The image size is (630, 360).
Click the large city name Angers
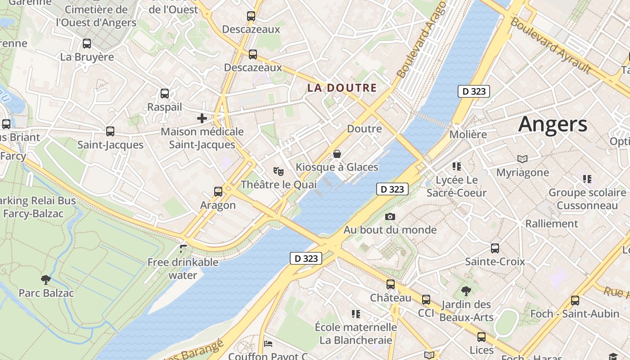pyautogui.click(x=553, y=124)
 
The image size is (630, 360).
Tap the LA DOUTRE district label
pyautogui.click(x=342, y=88)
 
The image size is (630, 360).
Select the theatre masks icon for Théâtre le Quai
pyautogui.click(x=279, y=171)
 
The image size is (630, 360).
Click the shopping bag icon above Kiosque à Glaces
pyautogui.click(x=337, y=154)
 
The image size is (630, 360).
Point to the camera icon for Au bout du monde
pyautogui.click(x=390, y=217)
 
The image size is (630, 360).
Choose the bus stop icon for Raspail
pyautogui.click(x=165, y=94)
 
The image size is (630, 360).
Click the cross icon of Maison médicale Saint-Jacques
pyautogui.click(x=202, y=118)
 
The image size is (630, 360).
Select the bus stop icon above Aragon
pyautogui.click(x=218, y=192)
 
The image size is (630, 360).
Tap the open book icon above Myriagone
pyautogui.click(x=522, y=159)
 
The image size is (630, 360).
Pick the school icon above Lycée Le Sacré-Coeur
pyautogui.click(x=457, y=166)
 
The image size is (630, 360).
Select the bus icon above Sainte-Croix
pyautogui.click(x=495, y=248)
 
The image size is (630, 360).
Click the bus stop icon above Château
pyautogui.click(x=391, y=284)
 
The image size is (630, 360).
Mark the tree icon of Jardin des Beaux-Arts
pyautogui.click(x=466, y=291)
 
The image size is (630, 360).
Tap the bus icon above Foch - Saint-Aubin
pyautogui.click(x=575, y=301)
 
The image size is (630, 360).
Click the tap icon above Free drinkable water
pyautogui.click(x=183, y=248)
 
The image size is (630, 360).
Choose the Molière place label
pyautogui.click(x=468, y=135)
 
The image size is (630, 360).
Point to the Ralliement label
pyautogui.click(x=551, y=224)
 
